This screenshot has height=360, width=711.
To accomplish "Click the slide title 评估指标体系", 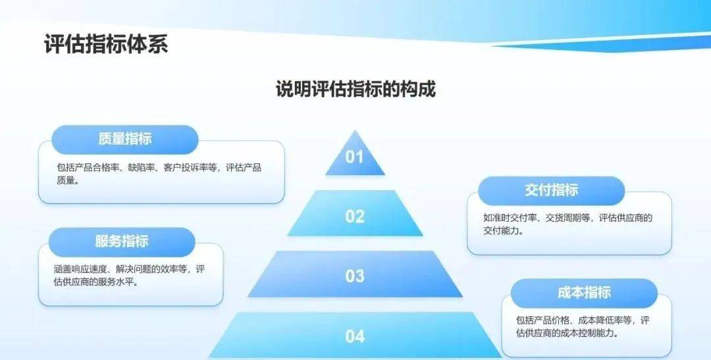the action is tap(106, 45).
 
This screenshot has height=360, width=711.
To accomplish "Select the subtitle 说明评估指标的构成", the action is tap(355, 88).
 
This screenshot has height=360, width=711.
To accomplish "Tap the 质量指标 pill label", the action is tap(125, 139).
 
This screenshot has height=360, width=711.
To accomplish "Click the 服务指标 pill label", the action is tap(122, 242).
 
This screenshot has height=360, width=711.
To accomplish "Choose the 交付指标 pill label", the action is tap(552, 190).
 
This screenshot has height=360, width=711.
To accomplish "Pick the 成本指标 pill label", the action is tap(584, 292).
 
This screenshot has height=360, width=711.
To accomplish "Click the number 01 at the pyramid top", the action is tap(355, 157).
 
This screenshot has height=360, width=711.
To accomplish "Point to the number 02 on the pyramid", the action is tap(355, 217).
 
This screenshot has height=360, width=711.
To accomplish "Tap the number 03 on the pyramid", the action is tap(355, 276).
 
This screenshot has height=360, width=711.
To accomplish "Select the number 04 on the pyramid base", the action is tap(355, 336).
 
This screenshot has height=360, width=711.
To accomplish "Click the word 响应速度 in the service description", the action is tap(90, 269).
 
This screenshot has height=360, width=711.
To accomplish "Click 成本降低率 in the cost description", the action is tap(600, 321).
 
